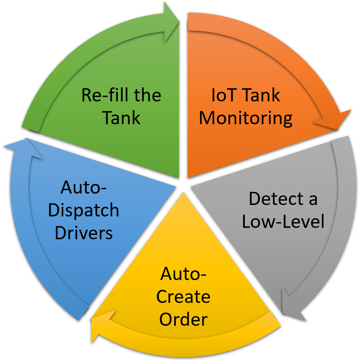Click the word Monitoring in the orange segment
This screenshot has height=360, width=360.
pyautogui.click(x=246, y=118)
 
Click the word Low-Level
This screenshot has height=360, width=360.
pyautogui.click(x=283, y=221)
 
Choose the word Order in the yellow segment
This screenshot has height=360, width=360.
pyautogui.click(x=183, y=319)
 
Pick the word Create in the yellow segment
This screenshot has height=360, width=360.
pyautogui.click(x=183, y=297)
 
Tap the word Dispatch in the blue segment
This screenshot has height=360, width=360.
pyautogui.click(x=84, y=210)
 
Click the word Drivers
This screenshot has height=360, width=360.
pyautogui.click(x=84, y=232)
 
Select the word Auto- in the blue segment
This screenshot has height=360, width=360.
pyautogui.click(x=84, y=188)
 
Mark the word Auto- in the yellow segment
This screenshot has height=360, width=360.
pyautogui.click(x=183, y=274)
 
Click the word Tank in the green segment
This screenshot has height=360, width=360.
pyautogui.click(x=121, y=118)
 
